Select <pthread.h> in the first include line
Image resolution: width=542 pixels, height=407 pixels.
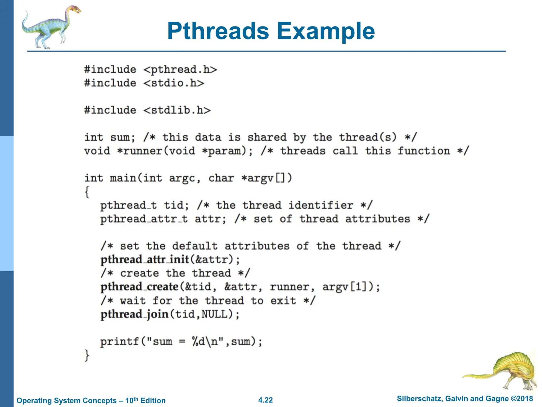pyautogui.click(x=180, y=70)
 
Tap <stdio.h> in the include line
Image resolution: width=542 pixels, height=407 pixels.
pyautogui.click(x=174, y=83)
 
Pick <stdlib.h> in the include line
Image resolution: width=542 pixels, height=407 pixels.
pyautogui.click(x=177, y=110)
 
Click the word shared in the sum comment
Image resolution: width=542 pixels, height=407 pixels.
pyautogui.click(x=267, y=137)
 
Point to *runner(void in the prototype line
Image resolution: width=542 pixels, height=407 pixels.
pyautogui.click(x=156, y=151)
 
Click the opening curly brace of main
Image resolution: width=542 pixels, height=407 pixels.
pyautogui.click(x=87, y=192)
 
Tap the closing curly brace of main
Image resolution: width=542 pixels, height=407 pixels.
pyautogui.click(x=87, y=355)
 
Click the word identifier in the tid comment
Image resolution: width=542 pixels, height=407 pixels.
pyautogui.click(x=321, y=205)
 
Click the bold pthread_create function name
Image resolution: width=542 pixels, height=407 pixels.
pyautogui.click(x=139, y=287)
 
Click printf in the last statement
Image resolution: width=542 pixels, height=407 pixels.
pyautogui.click(x=120, y=342)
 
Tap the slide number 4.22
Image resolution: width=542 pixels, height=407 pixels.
pyautogui.click(x=265, y=400)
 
